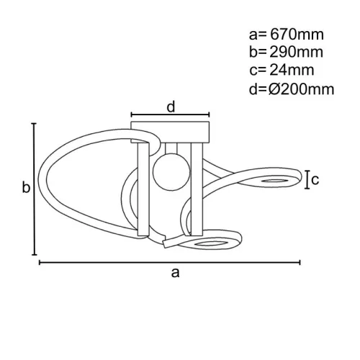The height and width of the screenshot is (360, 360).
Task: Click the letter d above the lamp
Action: [171, 107]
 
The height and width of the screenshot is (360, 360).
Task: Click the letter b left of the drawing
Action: [25, 189]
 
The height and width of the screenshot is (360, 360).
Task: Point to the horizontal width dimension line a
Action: [169, 261]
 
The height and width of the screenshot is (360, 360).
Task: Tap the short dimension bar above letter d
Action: [170, 114]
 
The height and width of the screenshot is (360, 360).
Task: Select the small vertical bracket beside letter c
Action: [308, 179]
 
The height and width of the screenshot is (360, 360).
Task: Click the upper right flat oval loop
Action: [277, 178]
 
